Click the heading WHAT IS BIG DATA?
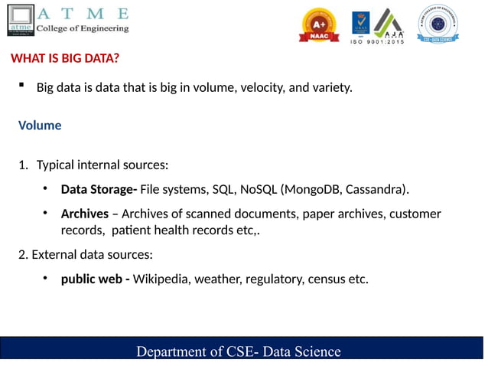pyautogui.click(x=64, y=59)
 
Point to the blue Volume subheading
pyautogui.click(x=40, y=125)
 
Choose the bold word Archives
pyautogui.click(x=84, y=214)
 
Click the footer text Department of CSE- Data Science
pyautogui.click(x=238, y=351)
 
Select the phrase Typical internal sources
pyautogui.click(x=102, y=165)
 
